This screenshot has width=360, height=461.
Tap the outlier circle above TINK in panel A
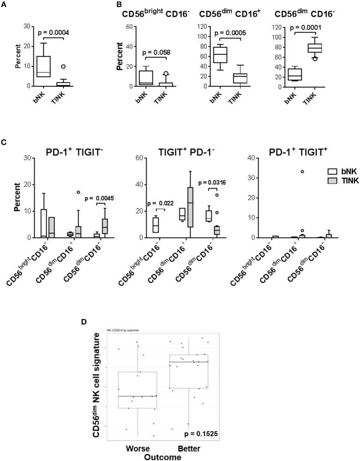coord(63,67)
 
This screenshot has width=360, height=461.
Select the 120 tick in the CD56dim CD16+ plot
coord(202,27)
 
